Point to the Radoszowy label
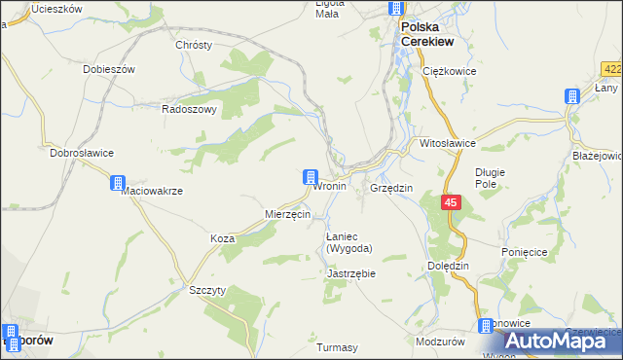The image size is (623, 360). pyautogui.click(x=189, y=110)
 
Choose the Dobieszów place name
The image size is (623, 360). pyautogui.click(x=108, y=69)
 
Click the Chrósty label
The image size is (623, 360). pyautogui.click(x=193, y=45)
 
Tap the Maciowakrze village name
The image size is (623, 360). pyautogui.click(x=152, y=191)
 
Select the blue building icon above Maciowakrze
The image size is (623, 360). pyautogui.click(x=118, y=182)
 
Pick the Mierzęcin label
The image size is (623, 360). pyautogui.click(x=287, y=214)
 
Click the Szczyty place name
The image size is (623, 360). pyautogui.click(x=207, y=291)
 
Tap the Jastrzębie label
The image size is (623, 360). pyautogui.click(x=351, y=274)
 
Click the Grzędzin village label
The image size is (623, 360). pyautogui.click(x=391, y=187)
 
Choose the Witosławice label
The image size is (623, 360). pyautogui.click(x=447, y=143)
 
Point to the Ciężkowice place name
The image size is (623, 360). pyautogui.click(x=447, y=71)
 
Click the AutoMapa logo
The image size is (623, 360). pyautogui.click(x=559, y=341)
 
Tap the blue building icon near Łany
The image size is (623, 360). pyautogui.click(x=572, y=95)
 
